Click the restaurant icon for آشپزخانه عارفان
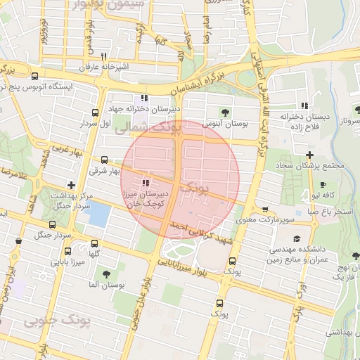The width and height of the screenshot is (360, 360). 103,56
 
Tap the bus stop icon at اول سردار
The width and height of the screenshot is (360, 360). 95,112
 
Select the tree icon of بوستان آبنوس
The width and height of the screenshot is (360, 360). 225,112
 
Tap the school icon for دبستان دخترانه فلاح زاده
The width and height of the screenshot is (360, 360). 304,105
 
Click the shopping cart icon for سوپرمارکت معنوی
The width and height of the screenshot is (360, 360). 264,209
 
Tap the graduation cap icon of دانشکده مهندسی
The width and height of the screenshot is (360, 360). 296,238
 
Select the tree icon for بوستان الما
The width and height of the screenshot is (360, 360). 106,274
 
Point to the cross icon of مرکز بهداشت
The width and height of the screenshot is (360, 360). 71,184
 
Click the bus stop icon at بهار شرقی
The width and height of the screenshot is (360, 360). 104,160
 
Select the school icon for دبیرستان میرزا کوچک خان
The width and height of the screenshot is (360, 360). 146,183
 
